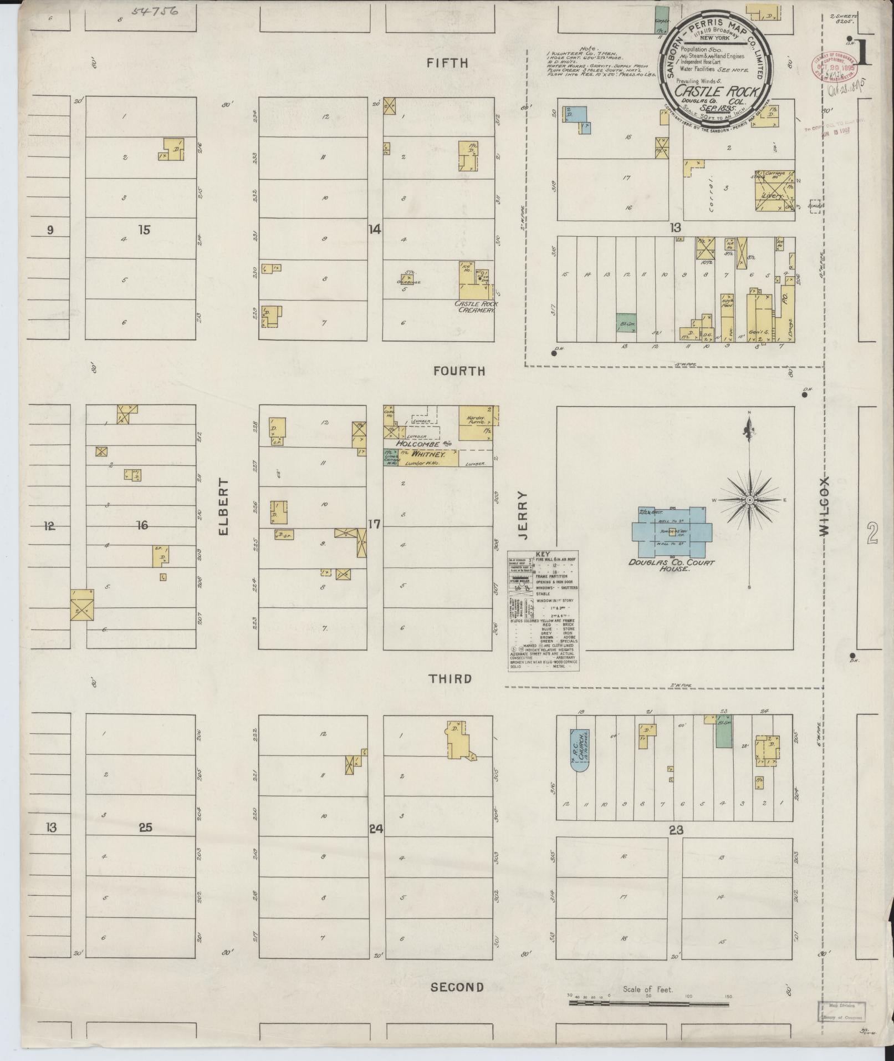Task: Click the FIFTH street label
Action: (447, 63)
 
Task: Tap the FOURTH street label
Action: (459, 371)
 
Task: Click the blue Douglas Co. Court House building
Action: (672, 532)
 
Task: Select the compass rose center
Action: (749, 500)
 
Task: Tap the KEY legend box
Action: (544, 610)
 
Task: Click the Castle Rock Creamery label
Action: (476, 307)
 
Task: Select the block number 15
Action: (144, 230)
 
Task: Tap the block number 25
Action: (145, 829)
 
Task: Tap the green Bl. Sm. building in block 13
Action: (625, 323)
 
